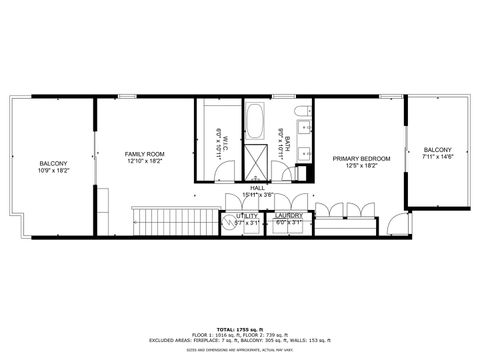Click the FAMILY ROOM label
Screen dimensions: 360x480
tap(144, 154)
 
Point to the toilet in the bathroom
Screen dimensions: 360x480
tap(301, 113)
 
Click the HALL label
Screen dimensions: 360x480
tap(257, 187)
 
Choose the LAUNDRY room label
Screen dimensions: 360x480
tap(289, 215)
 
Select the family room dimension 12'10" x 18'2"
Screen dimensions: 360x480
tap(144, 161)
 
